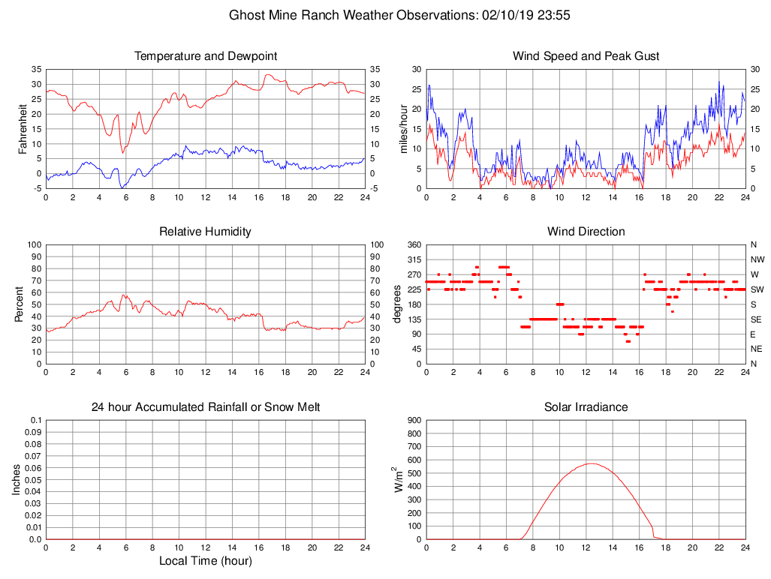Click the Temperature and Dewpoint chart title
205,56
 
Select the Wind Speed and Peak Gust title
586,56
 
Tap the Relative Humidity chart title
205,232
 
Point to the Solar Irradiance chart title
586,407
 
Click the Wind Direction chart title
586,232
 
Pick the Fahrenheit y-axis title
23,128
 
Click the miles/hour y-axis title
404,128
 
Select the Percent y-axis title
19,304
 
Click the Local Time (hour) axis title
205,561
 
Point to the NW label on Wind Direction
755,259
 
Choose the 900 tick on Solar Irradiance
414,420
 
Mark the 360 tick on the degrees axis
414,244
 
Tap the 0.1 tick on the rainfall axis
35,420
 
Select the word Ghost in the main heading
247,15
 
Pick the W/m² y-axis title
399,479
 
